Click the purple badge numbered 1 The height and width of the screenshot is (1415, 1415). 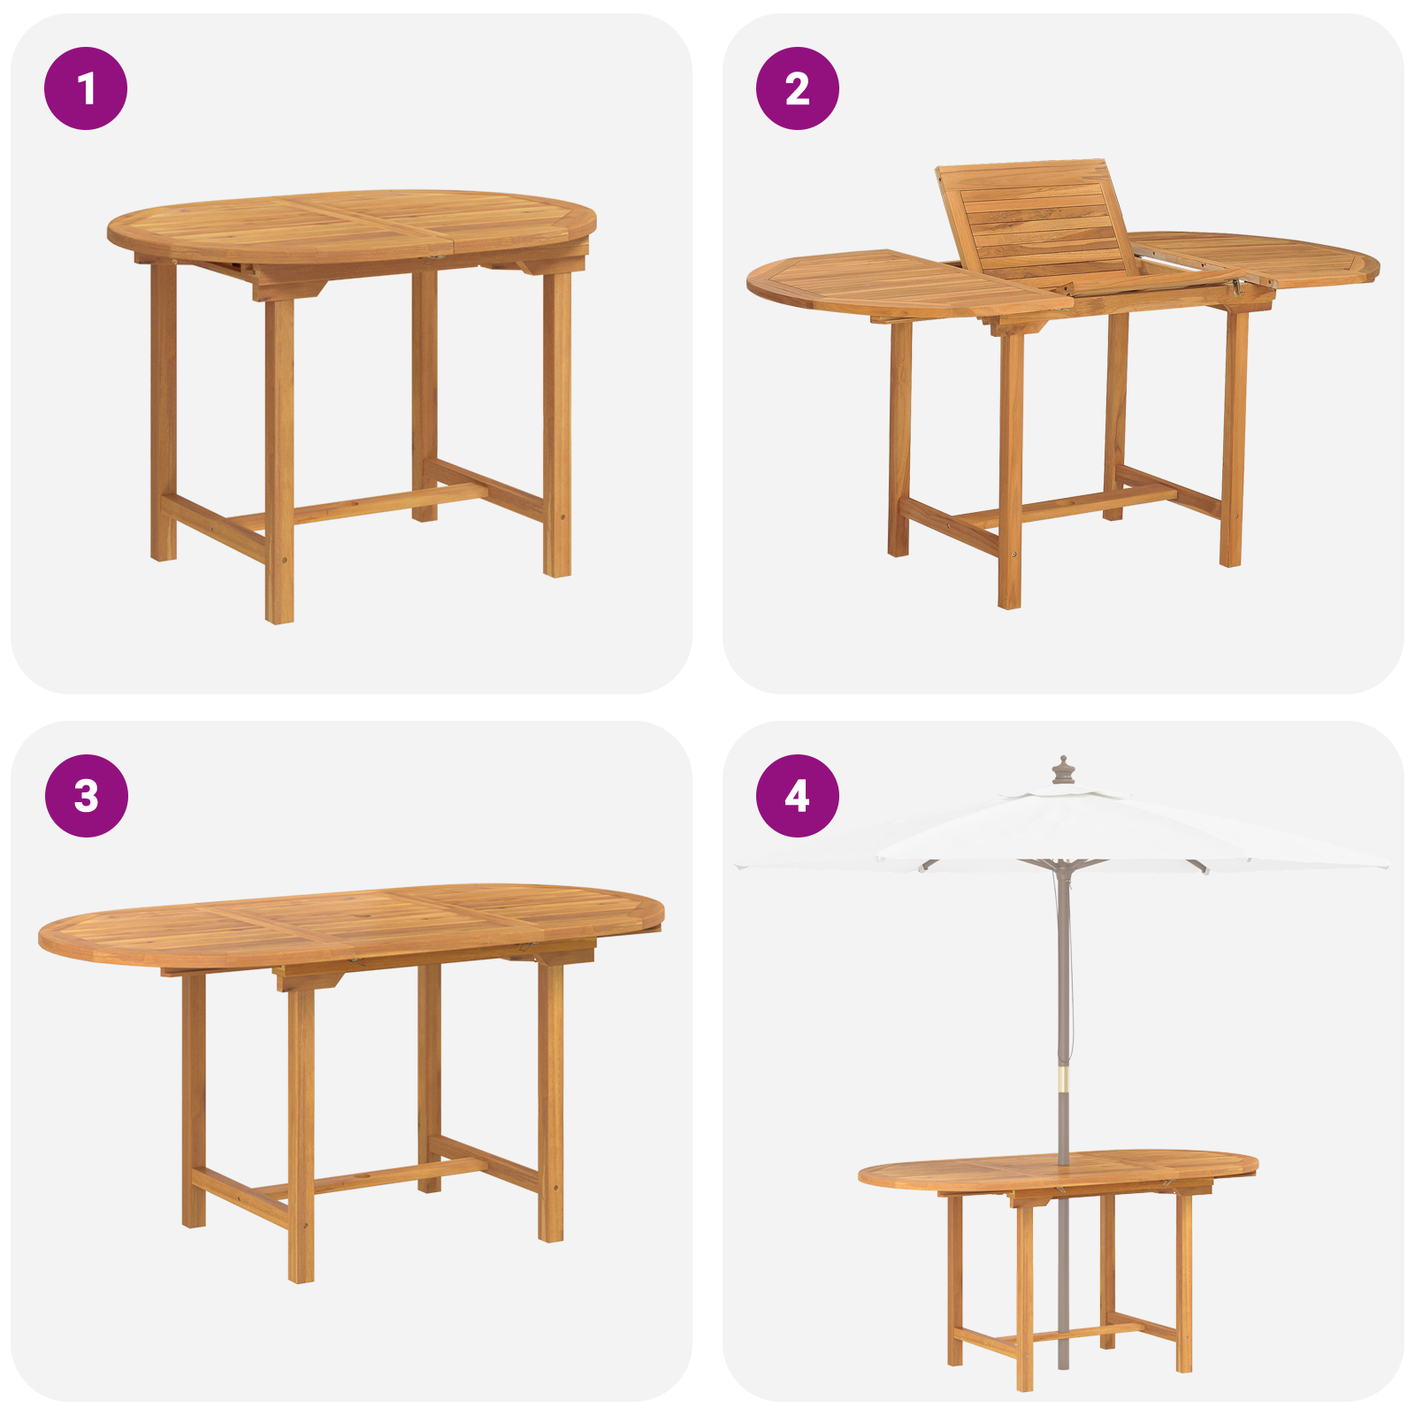click(86, 88)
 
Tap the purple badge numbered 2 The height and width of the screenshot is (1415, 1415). click(797, 88)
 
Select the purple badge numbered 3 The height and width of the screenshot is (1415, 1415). click(86, 796)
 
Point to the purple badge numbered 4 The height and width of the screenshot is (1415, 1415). click(797, 796)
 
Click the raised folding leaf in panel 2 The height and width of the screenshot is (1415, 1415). click(1035, 221)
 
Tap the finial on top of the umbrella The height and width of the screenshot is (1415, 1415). click(1063, 769)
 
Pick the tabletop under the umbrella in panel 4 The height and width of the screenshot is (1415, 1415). click(1057, 1170)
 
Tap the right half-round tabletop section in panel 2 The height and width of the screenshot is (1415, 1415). click(1273, 256)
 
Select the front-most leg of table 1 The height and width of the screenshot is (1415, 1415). click(279, 460)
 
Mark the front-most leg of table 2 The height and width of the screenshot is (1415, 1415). click(1010, 469)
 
